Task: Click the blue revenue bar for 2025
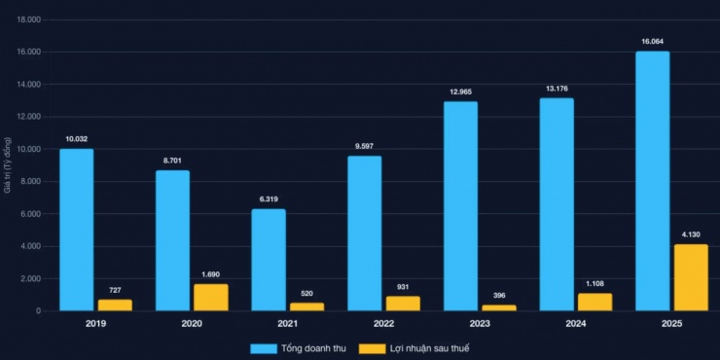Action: pyautogui.click(x=652, y=181)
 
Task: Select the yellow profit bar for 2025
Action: pyautogui.click(x=691, y=277)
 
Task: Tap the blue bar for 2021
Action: pyautogui.click(x=269, y=260)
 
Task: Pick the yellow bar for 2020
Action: pyautogui.click(x=211, y=297)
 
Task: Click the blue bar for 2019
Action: pyautogui.click(x=77, y=230)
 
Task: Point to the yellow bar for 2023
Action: pyautogui.click(x=499, y=307)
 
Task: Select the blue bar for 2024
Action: pyautogui.click(x=557, y=204)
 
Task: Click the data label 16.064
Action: pyautogui.click(x=652, y=42)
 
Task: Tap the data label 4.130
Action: pyautogui.click(x=691, y=234)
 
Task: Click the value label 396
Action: pyautogui.click(x=499, y=296)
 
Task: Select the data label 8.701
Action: pyautogui.click(x=172, y=161)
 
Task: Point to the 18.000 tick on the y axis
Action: pyautogui.click(x=29, y=19)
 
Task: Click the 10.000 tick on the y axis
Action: pyautogui.click(x=29, y=149)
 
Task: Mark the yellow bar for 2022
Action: pyautogui.click(x=403, y=303)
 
